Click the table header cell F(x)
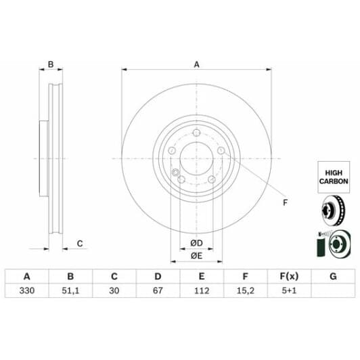coord(288,276)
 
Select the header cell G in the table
coord(332,276)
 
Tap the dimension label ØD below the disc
coord(196,242)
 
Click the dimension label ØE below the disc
coord(196,255)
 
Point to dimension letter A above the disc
coord(197,64)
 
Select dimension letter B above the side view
coord(50,65)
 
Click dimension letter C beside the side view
coord(79,243)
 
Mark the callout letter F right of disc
coord(284,202)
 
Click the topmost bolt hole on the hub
coord(196,133)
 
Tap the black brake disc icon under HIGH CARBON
coord(332,211)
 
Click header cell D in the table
coord(158,276)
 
